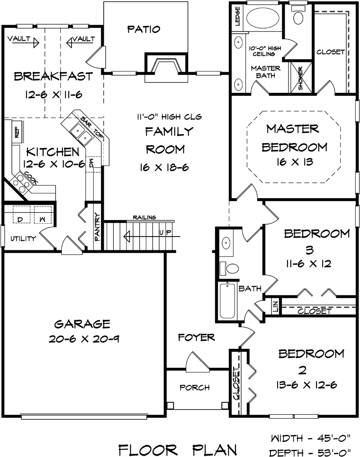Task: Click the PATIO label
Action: pyautogui.click(x=144, y=29)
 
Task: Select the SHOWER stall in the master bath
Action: pyautogui.click(x=300, y=78)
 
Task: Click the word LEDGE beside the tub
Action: pyautogui.click(x=238, y=17)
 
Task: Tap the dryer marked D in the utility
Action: pyautogui.click(x=20, y=215)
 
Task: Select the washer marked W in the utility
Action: pyautogui.click(x=43, y=215)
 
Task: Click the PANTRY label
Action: pyautogui.click(x=98, y=227)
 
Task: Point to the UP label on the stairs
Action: pyautogui.click(x=165, y=232)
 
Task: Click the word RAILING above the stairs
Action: pyautogui.click(x=144, y=218)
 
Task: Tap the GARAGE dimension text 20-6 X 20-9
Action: pyautogui.click(x=84, y=339)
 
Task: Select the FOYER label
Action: pyautogui.click(x=196, y=338)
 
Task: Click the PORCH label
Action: pyautogui.click(x=195, y=388)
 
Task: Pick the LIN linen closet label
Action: pyautogui.click(x=276, y=306)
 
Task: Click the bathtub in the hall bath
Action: pyautogui.click(x=227, y=300)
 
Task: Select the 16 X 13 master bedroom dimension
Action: pyautogui.click(x=295, y=162)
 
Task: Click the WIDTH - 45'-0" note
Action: pyautogui.click(x=310, y=438)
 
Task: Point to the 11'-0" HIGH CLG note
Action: pyautogui.click(x=170, y=117)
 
